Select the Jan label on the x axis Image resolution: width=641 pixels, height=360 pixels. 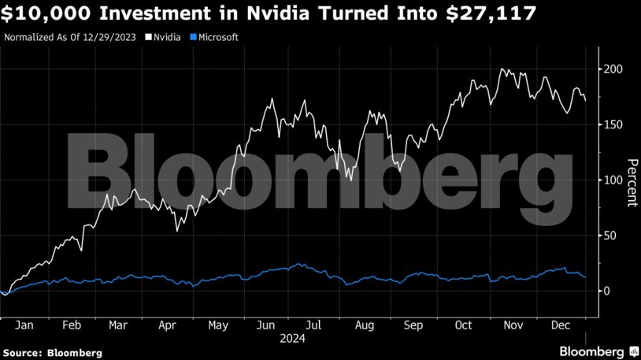[24, 325]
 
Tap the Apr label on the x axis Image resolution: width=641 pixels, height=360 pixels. [168, 325]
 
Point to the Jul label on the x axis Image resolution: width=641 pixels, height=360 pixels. [313, 325]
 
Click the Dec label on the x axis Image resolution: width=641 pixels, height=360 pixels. [561, 325]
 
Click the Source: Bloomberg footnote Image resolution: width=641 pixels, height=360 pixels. [52, 352]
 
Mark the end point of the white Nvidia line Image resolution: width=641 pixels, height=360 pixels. [585, 100]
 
